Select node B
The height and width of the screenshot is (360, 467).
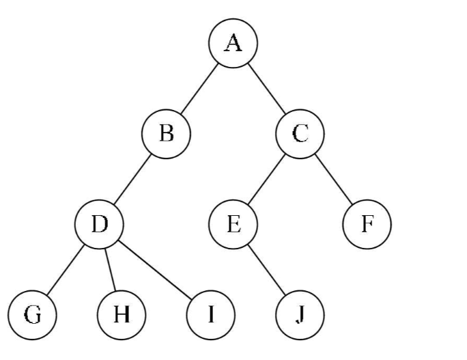pyautogui.click(x=166, y=132)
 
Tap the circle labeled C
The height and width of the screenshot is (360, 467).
pyautogui.click(x=300, y=132)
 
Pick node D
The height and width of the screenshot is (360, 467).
pyautogui.click(x=100, y=223)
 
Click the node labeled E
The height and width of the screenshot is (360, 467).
pyautogui.click(x=233, y=223)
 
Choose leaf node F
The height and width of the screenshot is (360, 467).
pyautogui.click(x=367, y=223)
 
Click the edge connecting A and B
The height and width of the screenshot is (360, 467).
pyautogui.click(x=199, y=87)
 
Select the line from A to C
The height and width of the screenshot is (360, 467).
pyautogui.click(x=267, y=87)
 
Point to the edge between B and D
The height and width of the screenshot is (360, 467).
pyautogui.click(x=133, y=178)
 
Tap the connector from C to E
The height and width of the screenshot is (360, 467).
pyautogui.click(x=267, y=178)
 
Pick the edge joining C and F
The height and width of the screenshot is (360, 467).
pyautogui.click(x=334, y=178)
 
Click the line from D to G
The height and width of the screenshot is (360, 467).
pyautogui.click(x=66, y=269)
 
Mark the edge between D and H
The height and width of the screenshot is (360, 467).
pyautogui.click(x=111, y=269)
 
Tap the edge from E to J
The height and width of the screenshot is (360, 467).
pyautogui.click(x=267, y=269)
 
